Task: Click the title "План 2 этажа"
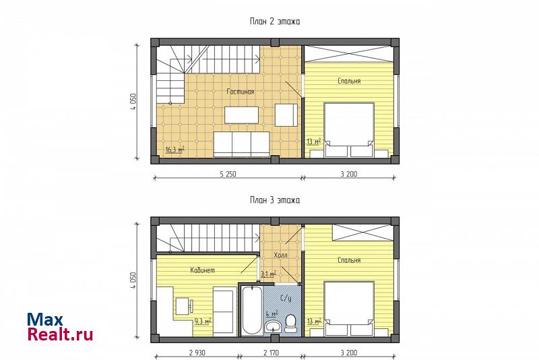pos(275,22)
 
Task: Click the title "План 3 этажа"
pos(275,200)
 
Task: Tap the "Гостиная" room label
pos(241,92)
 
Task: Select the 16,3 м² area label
pos(175,150)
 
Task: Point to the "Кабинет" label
pos(203,270)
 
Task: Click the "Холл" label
pos(280,255)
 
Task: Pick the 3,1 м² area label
pos(268,274)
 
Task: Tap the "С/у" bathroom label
pos(286,299)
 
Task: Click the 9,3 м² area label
pos(203,322)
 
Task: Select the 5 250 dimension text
pos(228,174)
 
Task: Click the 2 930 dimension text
pos(197,353)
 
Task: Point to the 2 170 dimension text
pos(272,353)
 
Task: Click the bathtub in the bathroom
pos(251,310)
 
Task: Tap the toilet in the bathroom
pos(291,323)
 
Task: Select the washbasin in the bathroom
pos(273,326)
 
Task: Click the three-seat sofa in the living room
pos(241,144)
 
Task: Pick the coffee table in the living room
pos(242,115)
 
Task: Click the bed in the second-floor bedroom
pos(349,130)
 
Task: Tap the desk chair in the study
pos(191,305)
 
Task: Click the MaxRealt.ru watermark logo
pos(60,327)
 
